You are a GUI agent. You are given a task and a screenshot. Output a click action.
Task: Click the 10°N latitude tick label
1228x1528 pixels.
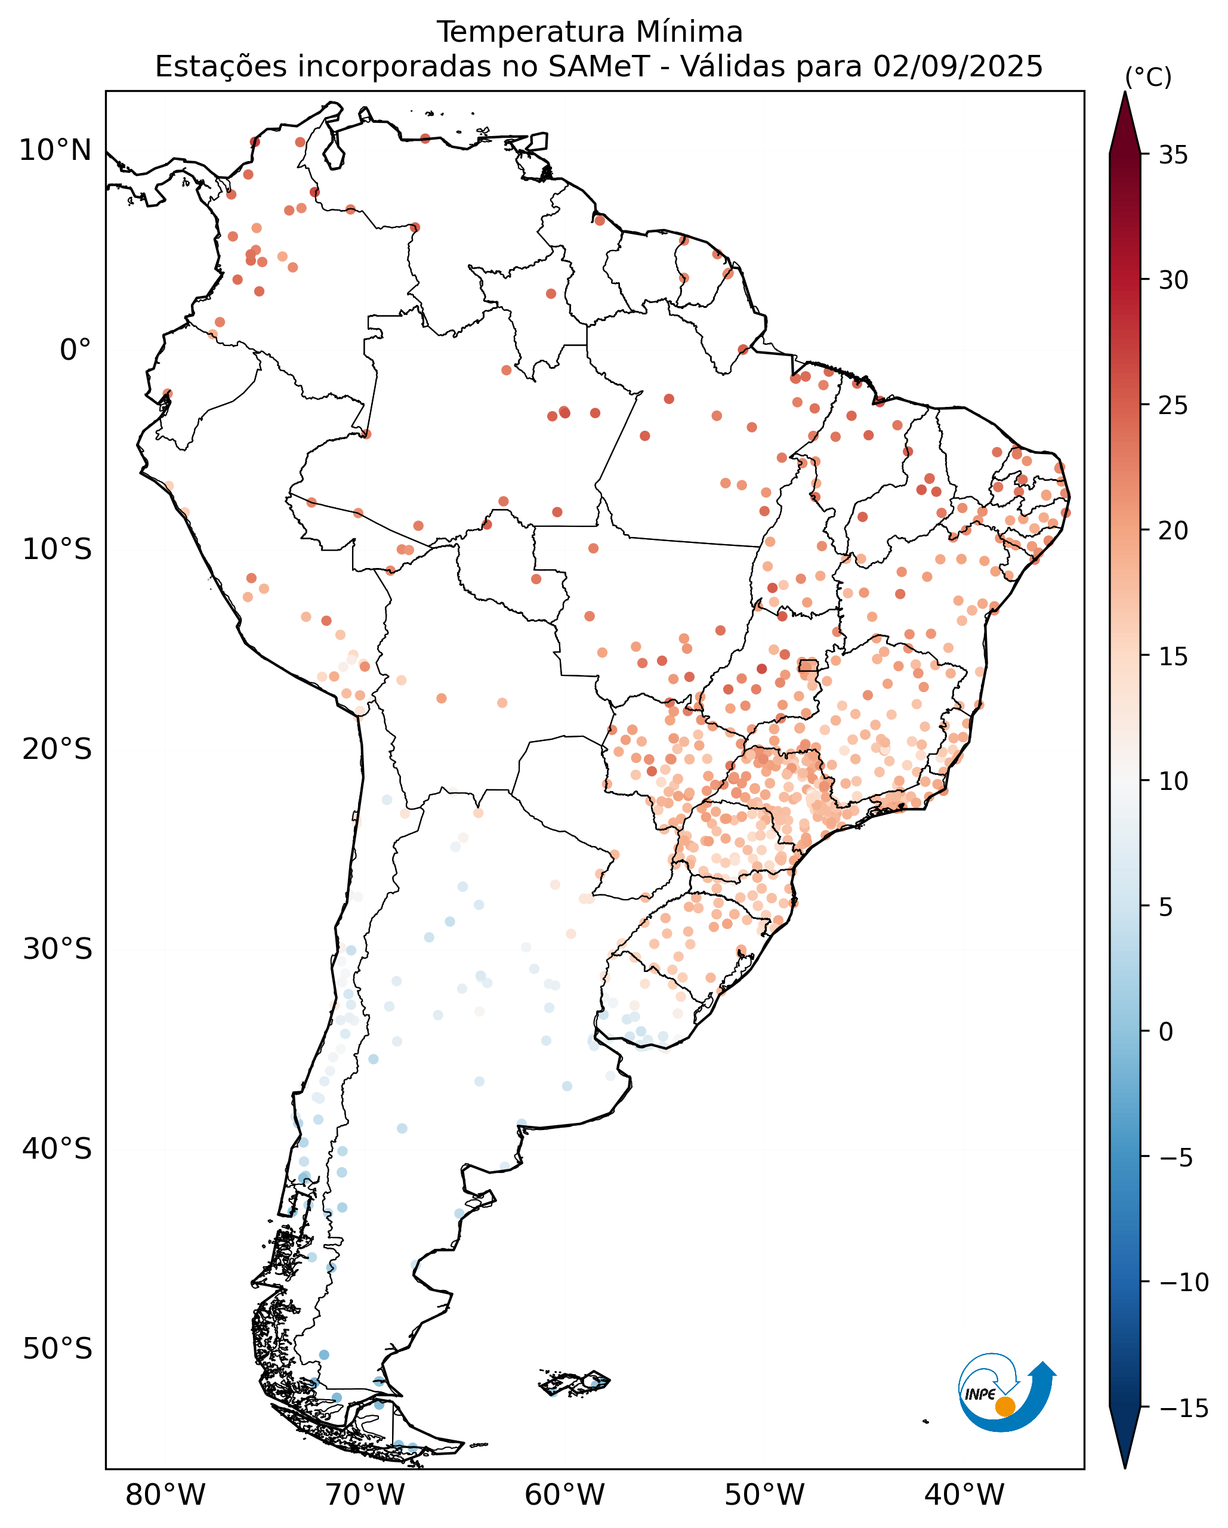[x=55, y=150]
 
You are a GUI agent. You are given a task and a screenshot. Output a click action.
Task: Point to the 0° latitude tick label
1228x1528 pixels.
[x=75, y=350]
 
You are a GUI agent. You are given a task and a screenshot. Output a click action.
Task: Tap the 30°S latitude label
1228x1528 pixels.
[x=57, y=949]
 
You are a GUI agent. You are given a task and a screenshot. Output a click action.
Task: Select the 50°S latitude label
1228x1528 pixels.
[x=57, y=1348]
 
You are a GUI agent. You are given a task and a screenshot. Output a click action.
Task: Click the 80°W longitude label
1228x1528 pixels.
[x=165, y=1495]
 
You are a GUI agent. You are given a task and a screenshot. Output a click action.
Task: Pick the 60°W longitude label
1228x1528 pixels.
[x=564, y=1495]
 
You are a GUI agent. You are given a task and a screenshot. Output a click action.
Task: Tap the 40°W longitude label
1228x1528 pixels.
[x=964, y=1495]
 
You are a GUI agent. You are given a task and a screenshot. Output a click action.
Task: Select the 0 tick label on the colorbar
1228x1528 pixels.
[x=1165, y=1032]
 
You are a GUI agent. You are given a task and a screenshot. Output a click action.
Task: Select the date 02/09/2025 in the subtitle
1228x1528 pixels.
[x=958, y=67]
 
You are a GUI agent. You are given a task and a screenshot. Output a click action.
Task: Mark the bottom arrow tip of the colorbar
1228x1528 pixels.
[x=1125, y=1467]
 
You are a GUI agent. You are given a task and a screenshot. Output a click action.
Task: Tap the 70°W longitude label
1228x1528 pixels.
[x=365, y=1495]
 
